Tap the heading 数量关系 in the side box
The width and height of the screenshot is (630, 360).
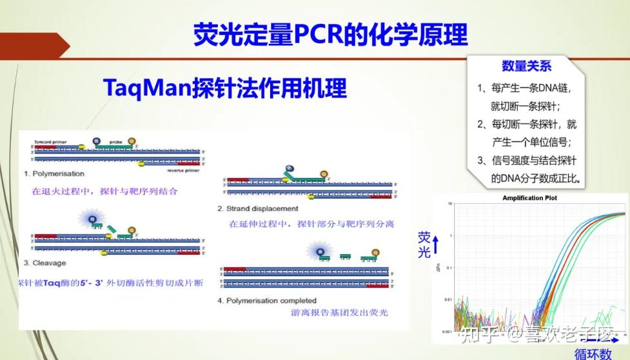pyautogui.click(x=526, y=66)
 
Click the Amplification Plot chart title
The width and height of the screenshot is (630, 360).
pyautogui.click(x=529, y=198)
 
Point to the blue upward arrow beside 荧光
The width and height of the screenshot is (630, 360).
pyautogui.click(x=436, y=244)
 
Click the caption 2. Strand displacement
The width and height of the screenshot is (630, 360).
pyautogui.click(x=257, y=208)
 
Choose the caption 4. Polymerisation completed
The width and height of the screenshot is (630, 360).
pyautogui.click(x=267, y=300)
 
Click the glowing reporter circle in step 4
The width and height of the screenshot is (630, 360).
pyautogui.click(x=317, y=250)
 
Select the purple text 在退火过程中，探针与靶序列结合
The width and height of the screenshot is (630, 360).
pyautogui.click(x=104, y=192)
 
